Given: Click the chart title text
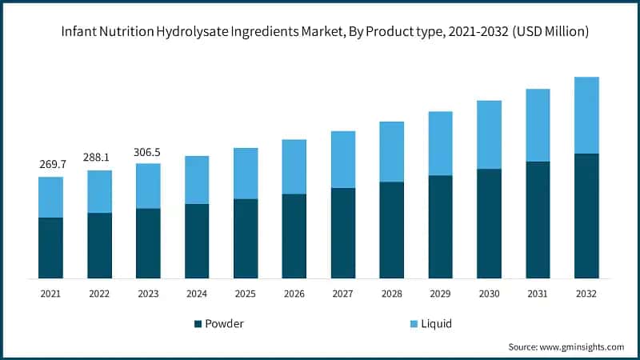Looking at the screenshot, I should click(319, 32).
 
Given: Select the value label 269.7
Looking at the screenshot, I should click(50, 164).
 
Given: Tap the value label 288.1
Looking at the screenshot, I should click(99, 158).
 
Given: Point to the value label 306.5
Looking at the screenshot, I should click(148, 151).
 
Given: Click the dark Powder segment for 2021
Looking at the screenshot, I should click(50, 248).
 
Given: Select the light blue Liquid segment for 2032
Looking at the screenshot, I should click(586, 115).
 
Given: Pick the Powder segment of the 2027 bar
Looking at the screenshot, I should click(343, 233).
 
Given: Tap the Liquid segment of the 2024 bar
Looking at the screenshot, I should click(197, 180).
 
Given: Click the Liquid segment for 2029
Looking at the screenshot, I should click(441, 143).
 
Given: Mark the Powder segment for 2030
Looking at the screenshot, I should click(489, 223).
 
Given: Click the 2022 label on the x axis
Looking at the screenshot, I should click(99, 294).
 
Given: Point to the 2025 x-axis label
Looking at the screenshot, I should click(246, 294).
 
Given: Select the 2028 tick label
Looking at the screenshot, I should click(392, 294).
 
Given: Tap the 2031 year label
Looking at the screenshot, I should click(538, 294).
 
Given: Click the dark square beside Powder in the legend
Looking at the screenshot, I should click(198, 324).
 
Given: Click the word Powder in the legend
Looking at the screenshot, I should click(225, 324).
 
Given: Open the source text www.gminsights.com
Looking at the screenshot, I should click(581, 347).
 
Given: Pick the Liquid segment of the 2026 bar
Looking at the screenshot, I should click(294, 166).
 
